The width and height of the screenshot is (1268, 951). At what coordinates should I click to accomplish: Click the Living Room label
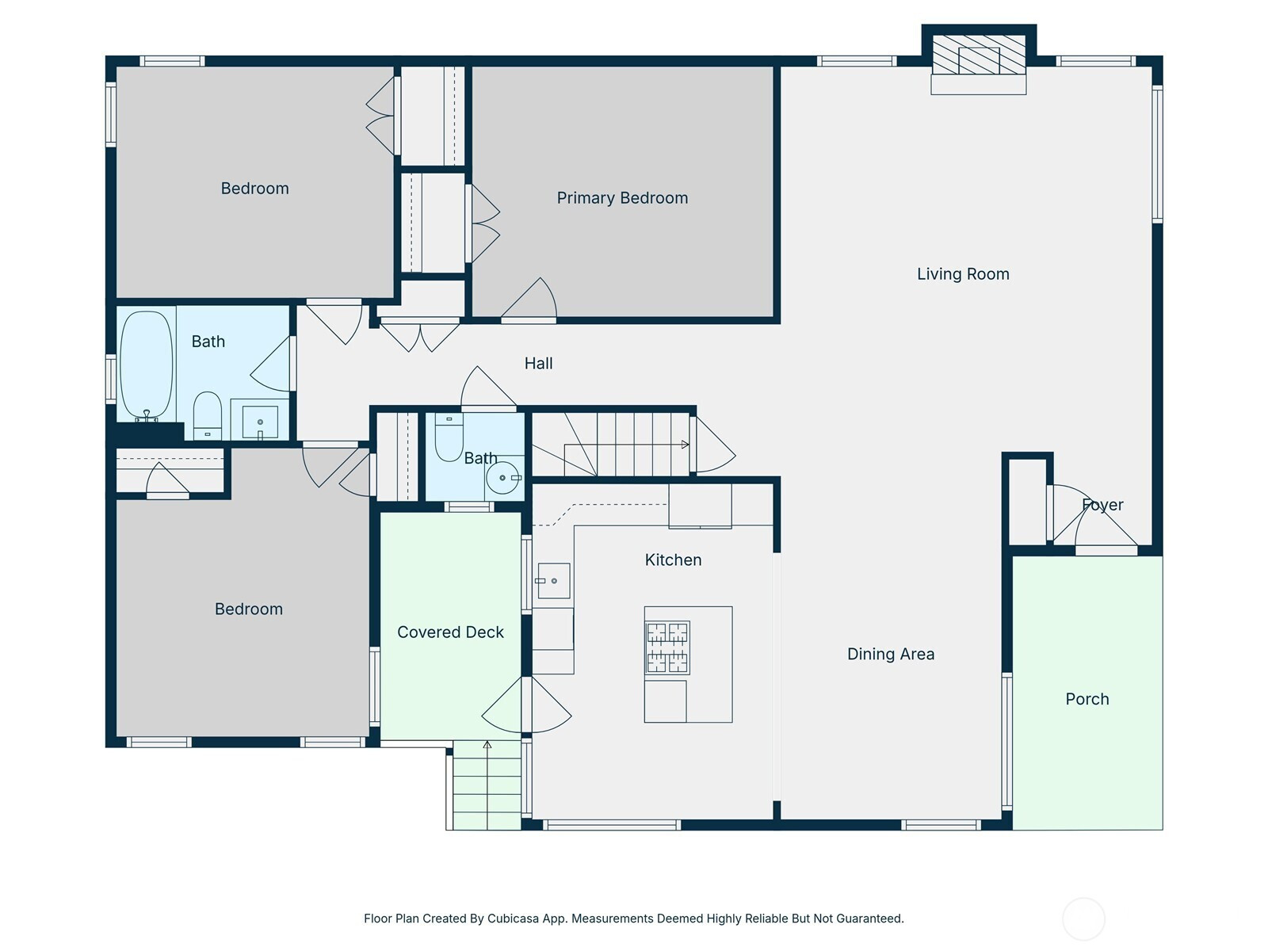(x=962, y=273)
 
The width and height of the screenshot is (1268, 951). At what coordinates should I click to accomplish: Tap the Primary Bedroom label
(x=622, y=198)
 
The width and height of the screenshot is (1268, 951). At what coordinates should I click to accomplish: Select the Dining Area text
(x=890, y=654)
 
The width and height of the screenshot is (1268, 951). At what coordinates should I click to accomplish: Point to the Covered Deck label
(x=450, y=632)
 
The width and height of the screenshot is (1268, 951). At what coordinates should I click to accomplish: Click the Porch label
(x=1087, y=699)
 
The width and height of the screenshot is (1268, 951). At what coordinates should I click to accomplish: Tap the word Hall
(x=538, y=363)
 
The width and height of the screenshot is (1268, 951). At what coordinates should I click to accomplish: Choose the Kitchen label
(x=673, y=560)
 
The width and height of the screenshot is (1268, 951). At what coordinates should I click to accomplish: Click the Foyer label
(x=1102, y=505)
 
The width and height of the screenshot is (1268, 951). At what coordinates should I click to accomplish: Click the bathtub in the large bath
(x=146, y=365)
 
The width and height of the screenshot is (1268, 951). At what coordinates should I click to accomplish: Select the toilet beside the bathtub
(x=207, y=416)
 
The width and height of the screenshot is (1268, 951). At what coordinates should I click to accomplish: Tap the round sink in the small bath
(x=502, y=478)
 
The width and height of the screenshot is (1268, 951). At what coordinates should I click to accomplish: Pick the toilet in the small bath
(x=449, y=437)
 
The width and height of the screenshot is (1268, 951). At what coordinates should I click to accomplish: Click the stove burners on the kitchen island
(x=667, y=647)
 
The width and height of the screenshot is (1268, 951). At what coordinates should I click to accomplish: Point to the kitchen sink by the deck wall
(x=553, y=581)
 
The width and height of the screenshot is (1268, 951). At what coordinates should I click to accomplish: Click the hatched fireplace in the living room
(x=979, y=55)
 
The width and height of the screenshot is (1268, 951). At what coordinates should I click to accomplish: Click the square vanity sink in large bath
(x=260, y=422)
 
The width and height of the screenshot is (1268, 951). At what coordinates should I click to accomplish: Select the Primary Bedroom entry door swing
(x=529, y=298)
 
